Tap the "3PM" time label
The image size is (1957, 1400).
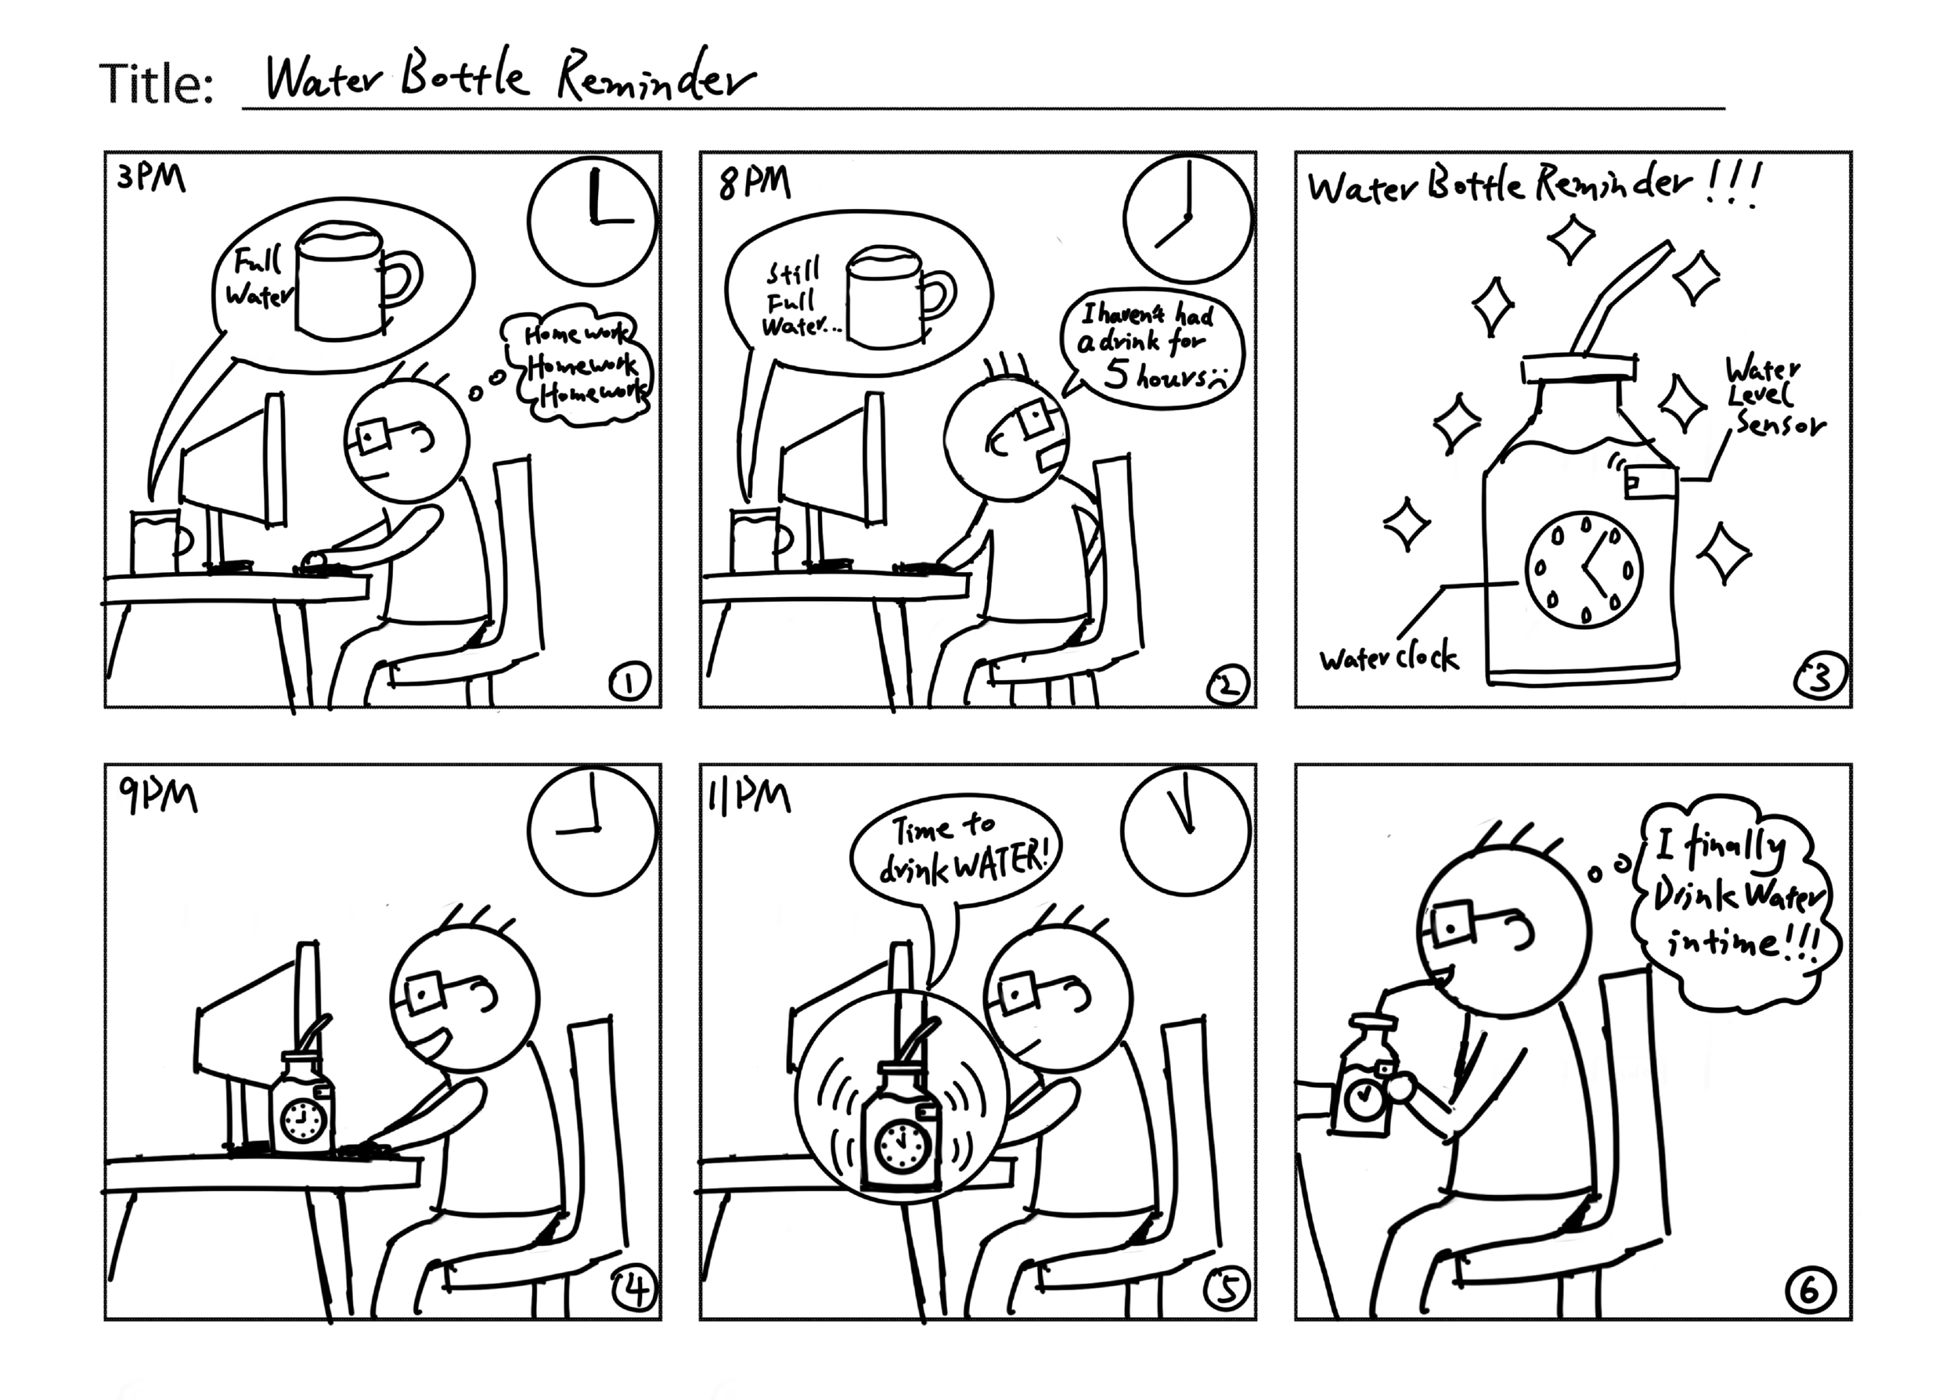[151, 179]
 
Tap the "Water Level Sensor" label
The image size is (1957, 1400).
[1772, 398]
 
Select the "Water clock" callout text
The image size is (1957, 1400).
[1388, 659]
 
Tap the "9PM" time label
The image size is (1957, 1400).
[159, 797]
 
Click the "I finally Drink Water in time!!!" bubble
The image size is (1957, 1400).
[1735, 905]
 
